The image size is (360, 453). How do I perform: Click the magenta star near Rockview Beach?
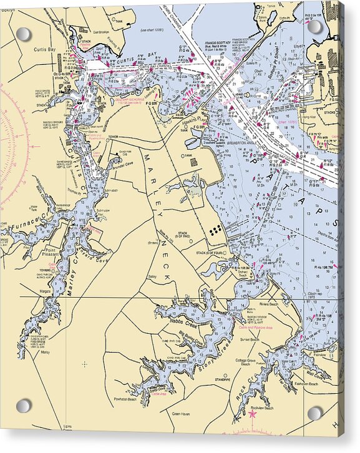pos(253,413)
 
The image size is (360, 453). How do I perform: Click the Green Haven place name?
pos(181,414)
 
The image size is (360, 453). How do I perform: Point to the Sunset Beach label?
pos(250,340)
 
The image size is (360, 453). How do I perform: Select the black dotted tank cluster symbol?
pos(216,230)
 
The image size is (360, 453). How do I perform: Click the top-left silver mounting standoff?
pos(24,34)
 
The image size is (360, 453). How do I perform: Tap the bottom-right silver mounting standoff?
pos(315,412)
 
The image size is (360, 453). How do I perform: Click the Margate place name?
pos(46,291)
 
